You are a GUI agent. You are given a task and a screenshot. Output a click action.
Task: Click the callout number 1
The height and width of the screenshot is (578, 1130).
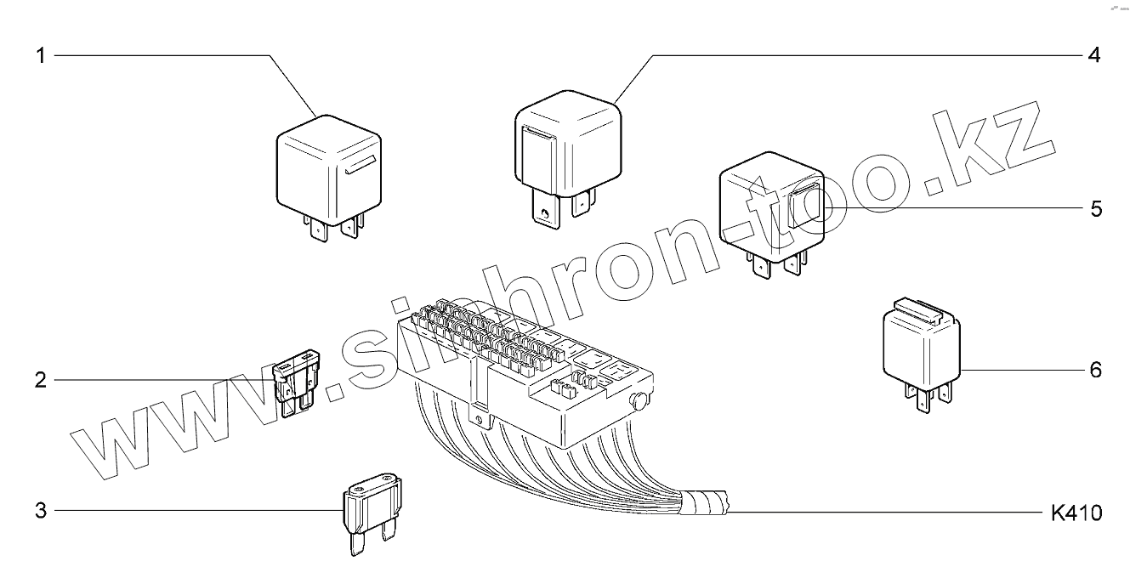pos(39,56)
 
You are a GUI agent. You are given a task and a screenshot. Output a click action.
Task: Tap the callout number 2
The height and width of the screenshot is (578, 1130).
pos(39,380)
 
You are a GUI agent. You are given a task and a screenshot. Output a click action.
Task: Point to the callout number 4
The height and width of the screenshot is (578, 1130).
pos(1094,56)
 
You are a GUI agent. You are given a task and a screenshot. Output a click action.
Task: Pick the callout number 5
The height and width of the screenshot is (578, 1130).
pos(1095,208)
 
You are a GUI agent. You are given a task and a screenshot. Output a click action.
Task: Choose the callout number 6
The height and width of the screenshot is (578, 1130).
pos(1095,370)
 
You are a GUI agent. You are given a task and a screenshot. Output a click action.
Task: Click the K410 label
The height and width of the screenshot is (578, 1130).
pos(1076,513)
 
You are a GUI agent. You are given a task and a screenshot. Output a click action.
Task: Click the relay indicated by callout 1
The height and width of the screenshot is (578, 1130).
pos(327,170)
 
